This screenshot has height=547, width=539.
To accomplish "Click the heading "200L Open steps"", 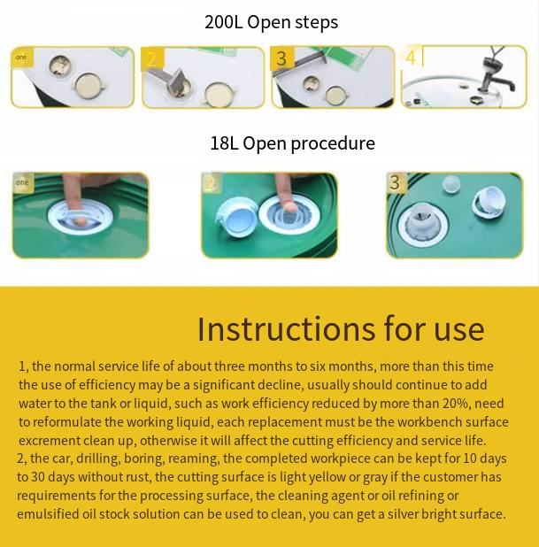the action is (x=271, y=22).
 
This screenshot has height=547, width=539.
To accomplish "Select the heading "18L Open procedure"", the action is (x=292, y=143).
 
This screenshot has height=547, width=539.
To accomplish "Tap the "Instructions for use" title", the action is (x=341, y=329).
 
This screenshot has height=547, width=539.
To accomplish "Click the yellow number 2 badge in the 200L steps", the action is (x=152, y=59).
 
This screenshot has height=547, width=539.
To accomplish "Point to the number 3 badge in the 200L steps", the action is (x=281, y=58).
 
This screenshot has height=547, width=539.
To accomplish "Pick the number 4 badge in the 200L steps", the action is (x=412, y=57).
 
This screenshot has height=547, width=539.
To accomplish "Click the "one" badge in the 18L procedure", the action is (x=23, y=182).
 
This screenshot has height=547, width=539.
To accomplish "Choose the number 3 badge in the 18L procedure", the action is (x=396, y=182).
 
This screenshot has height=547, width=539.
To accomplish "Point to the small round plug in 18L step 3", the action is (x=450, y=184).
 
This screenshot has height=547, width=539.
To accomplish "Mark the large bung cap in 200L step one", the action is (x=89, y=86).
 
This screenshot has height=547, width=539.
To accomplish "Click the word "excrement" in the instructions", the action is (x=50, y=441).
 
